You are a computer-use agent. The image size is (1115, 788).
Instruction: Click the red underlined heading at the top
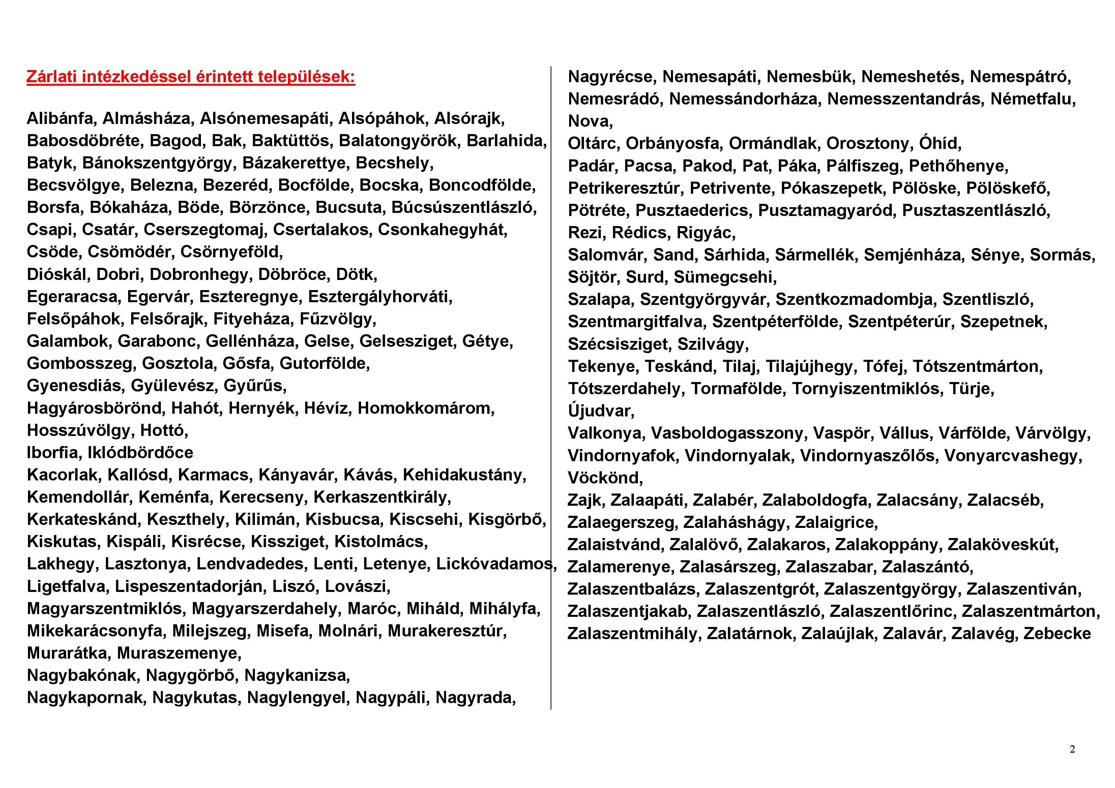coord(191,77)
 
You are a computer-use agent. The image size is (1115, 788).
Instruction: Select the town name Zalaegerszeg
coord(623,522)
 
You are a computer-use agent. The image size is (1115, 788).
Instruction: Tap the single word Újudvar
coord(601,411)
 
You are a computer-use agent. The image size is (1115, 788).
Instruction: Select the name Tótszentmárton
coord(977,366)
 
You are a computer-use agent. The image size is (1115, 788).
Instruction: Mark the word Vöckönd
coord(605,478)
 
